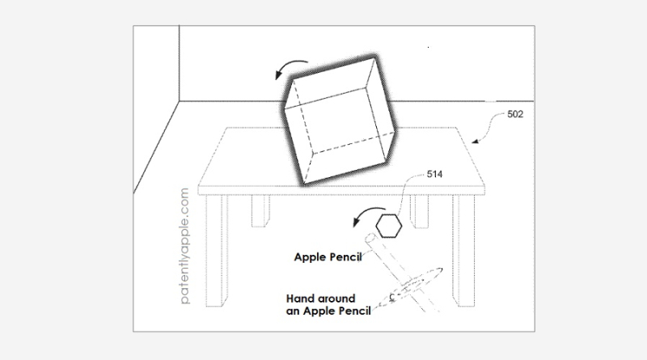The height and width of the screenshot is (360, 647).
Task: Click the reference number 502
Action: [x=515, y=114]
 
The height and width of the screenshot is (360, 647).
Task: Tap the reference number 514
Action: [x=434, y=174]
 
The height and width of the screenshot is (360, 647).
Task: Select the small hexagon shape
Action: [x=389, y=226]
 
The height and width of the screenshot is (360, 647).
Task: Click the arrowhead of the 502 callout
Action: [x=475, y=142]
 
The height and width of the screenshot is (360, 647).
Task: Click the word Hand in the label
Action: [x=298, y=299]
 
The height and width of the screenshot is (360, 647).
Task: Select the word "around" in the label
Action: [x=335, y=299]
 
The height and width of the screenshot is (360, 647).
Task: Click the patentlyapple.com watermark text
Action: [x=184, y=246]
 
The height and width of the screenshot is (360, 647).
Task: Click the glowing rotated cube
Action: [x=339, y=121]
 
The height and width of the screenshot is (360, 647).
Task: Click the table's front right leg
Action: [x=463, y=251]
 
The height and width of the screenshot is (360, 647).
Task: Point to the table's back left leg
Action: [x=260, y=211]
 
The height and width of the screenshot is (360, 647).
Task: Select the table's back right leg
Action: [x=419, y=211]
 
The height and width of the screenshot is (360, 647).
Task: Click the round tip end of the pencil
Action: [x=370, y=238]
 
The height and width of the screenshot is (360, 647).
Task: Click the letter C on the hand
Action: [x=391, y=297]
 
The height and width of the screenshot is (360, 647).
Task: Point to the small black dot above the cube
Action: [x=429, y=48]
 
